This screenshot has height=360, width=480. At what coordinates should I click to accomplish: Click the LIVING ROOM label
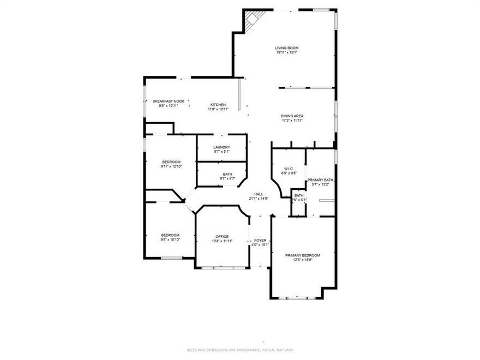(x=286, y=48)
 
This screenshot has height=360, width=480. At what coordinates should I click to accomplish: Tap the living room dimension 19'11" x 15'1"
(x=286, y=53)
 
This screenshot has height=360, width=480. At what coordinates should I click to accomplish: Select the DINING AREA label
(x=292, y=116)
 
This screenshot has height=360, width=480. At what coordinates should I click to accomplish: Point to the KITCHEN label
(x=218, y=105)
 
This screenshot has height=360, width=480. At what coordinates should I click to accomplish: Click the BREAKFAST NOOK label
(x=168, y=101)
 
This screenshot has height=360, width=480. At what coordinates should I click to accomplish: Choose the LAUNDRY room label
(x=221, y=147)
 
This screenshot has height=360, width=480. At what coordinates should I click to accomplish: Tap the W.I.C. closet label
(x=289, y=169)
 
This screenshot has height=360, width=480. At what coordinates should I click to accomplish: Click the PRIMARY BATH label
(x=320, y=180)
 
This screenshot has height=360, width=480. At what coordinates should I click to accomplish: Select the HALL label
(x=259, y=194)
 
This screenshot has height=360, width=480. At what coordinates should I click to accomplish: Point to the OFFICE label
(x=222, y=236)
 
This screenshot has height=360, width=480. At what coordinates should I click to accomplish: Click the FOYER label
(x=260, y=240)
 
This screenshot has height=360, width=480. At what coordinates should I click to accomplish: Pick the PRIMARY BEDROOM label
(x=303, y=255)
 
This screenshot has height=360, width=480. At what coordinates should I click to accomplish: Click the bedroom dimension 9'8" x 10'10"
(x=170, y=239)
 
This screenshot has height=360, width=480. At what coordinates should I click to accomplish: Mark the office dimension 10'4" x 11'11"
(x=222, y=241)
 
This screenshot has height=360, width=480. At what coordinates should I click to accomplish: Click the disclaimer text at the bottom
(x=240, y=350)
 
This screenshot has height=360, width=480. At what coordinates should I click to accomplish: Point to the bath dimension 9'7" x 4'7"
(x=227, y=178)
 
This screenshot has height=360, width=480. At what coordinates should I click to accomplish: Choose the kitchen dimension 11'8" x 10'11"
(x=218, y=109)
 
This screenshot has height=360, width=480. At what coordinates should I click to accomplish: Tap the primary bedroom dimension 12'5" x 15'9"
(x=303, y=260)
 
